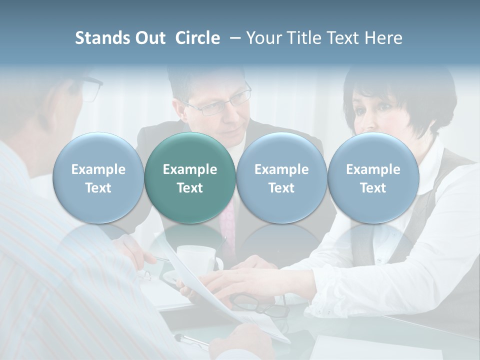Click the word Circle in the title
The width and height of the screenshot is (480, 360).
tap(197, 38)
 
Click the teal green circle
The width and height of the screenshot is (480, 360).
tap(190, 178)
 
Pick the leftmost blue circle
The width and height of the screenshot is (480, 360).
tap(98, 178)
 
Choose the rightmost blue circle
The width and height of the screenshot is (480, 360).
tap(373, 178)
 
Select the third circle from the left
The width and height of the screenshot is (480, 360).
tap(281, 178)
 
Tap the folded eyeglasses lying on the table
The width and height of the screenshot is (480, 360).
tap(260, 305)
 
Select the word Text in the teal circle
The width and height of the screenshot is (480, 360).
tap(190, 188)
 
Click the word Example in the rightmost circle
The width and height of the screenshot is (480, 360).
tap(373, 169)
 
